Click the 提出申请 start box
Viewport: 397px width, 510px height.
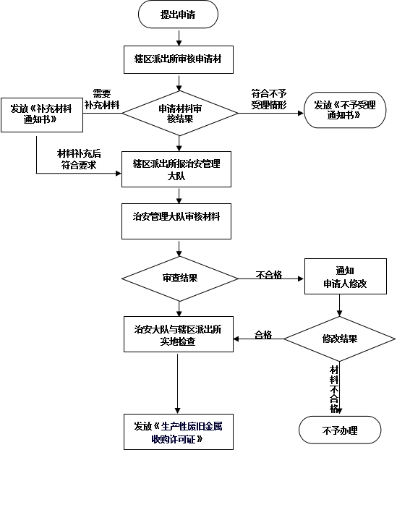click(178, 14)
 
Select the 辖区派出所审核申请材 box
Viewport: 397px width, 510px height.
click(179, 59)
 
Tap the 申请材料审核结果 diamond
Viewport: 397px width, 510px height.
click(180, 113)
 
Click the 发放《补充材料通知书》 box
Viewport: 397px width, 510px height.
click(42, 115)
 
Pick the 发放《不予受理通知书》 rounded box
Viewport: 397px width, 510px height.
click(345, 110)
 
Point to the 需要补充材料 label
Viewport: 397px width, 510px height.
click(102, 99)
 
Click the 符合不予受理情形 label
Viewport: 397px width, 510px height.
click(269, 99)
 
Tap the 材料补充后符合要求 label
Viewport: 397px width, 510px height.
click(79, 159)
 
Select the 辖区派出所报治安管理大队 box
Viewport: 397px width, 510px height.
click(176, 169)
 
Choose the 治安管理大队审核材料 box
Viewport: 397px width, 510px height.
click(176, 221)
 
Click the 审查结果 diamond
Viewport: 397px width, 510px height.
click(180, 279)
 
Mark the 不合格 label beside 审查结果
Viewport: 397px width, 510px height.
click(269, 275)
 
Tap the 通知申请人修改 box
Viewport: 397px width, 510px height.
click(346, 276)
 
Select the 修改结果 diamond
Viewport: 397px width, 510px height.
click(340, 339)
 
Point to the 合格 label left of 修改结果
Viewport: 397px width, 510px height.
click(263, 334)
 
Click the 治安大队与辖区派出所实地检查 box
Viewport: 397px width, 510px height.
click(179, 334)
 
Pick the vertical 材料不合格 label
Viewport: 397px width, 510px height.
click(334, 389)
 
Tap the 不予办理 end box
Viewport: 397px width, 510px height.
click(340, 430)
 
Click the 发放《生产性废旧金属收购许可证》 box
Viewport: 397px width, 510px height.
click(179, 432)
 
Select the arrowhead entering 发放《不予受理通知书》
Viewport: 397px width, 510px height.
click(301, 113)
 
